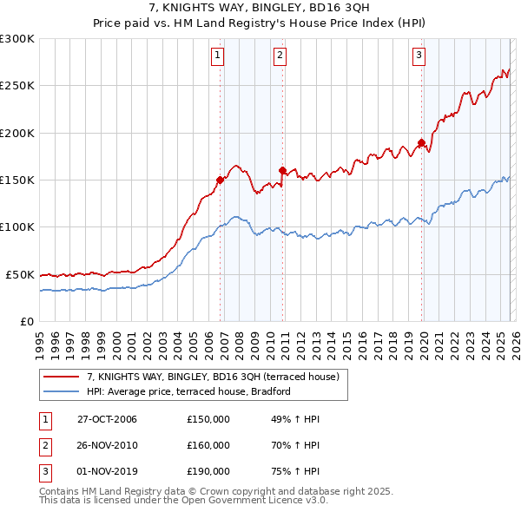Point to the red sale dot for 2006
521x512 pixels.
click(x=221, y=181)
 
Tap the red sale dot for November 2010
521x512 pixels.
click(x=282, y=170)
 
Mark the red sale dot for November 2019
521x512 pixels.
click(x=421, y=143)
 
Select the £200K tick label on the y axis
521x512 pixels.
click(x=17, y=133)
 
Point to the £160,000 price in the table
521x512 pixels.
click(x=208, y=445)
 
